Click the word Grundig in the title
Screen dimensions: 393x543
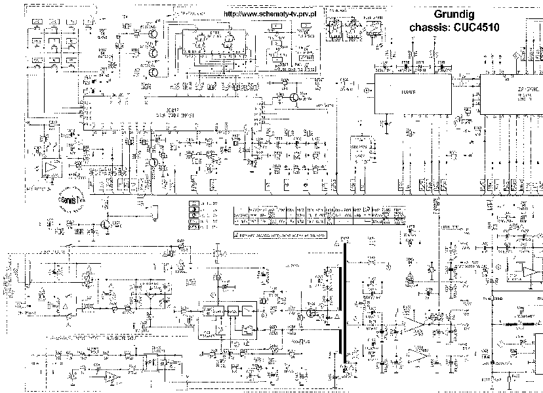[455, 14]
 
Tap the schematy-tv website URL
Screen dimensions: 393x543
[270, 14]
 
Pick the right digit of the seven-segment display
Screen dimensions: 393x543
[226, 43]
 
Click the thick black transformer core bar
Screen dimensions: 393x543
[342, 304]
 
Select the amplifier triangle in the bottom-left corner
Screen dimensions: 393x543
[113, 379]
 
